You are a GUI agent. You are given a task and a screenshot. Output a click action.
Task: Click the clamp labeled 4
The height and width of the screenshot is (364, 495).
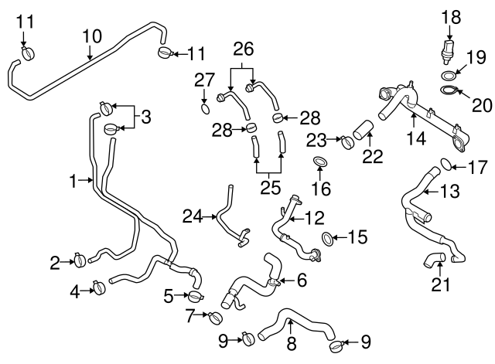click(x=99, y=289)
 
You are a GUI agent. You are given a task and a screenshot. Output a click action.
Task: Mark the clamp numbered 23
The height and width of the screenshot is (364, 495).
click(x=347, y=141)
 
